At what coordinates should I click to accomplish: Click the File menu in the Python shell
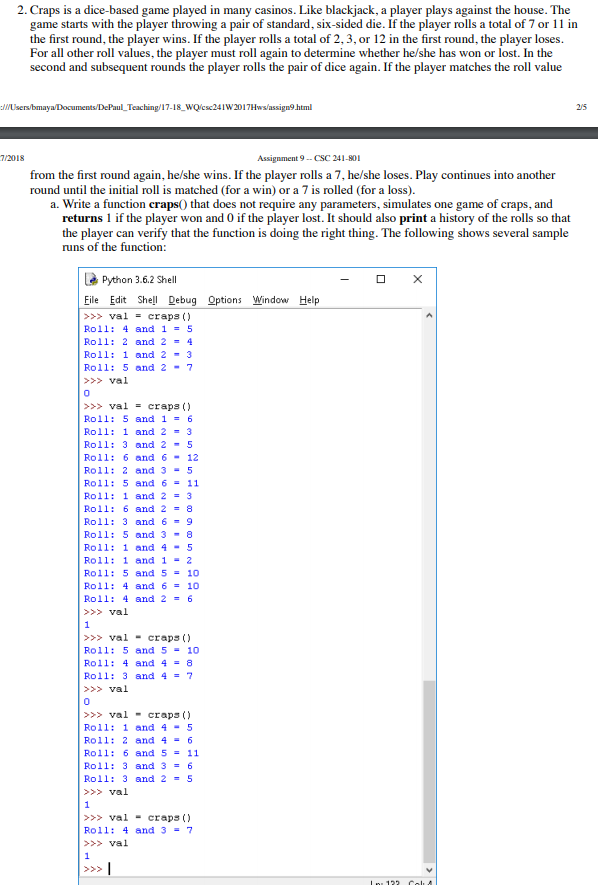click(91, 300)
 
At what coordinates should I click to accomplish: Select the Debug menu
click(182, 300)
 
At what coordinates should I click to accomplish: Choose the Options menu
click(224, 300)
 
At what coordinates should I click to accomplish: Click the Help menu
click(309, 300)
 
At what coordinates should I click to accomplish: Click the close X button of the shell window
click(417, 279)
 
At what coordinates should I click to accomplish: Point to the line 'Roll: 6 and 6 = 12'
click(141, 457)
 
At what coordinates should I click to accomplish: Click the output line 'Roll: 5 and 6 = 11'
click(141, 483)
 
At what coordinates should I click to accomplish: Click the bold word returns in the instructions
click(82, 218)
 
